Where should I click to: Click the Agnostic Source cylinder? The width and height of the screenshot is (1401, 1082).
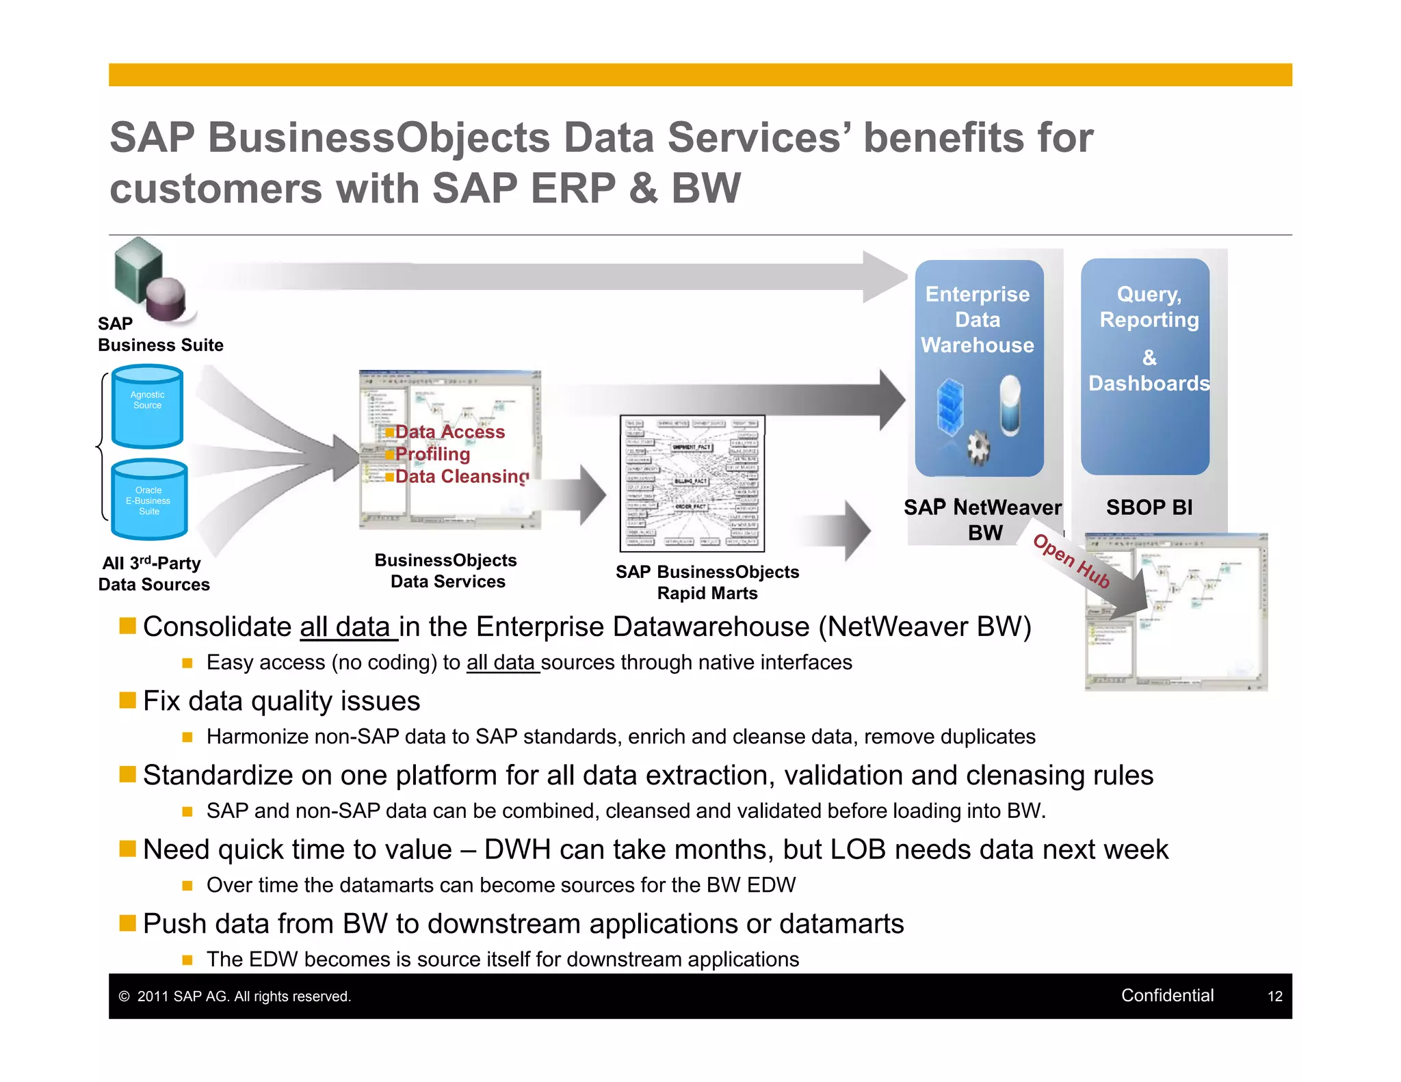[147, 407]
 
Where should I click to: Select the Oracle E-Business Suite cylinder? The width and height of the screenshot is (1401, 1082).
[148, 500]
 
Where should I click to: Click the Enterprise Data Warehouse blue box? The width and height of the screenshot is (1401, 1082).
[979, 367]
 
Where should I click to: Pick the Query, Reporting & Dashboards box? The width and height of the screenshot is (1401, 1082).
[1144, 366]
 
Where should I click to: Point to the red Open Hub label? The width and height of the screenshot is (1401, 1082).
[1071, 561]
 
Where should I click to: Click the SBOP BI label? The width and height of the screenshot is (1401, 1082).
[1149, 507]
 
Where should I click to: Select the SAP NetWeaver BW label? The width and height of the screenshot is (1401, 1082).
[982, 519]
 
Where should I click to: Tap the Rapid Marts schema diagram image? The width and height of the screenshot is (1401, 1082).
[692, 483]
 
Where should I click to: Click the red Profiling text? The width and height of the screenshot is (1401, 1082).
[432, 454]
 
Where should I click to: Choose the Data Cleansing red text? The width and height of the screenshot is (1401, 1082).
[462, 476]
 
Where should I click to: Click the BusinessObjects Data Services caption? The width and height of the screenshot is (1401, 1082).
[446, 570]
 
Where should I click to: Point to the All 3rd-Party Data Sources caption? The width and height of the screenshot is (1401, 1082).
[153, 573]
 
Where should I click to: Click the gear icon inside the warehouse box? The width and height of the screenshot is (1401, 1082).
[978, 448]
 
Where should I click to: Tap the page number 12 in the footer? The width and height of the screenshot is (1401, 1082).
[1274, 997]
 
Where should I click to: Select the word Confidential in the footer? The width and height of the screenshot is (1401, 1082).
[1167, 995]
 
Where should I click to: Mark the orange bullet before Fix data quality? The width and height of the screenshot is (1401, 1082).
[127, 700]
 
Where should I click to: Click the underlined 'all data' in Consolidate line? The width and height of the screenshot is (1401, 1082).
[348, 627]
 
